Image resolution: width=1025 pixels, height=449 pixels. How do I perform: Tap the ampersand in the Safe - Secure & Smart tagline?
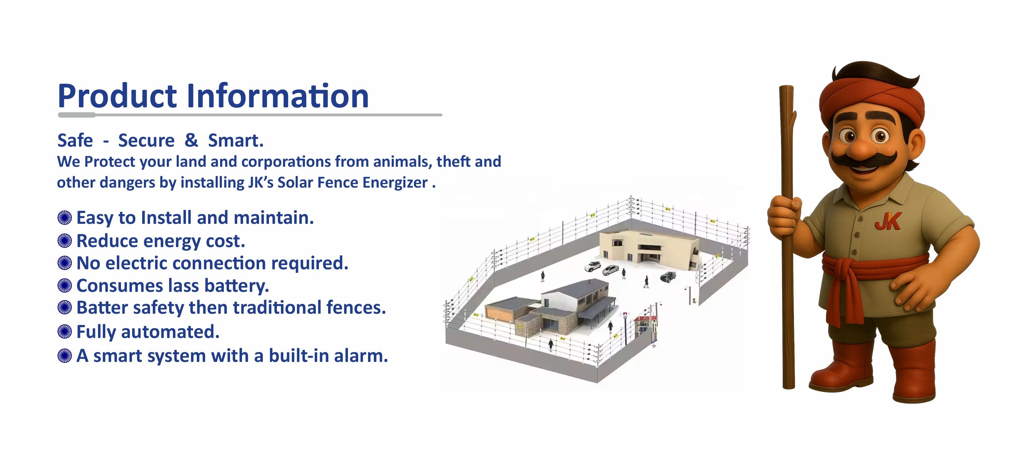(x=191, y=140)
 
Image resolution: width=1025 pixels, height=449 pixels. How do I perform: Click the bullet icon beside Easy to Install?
(x=65, y=218)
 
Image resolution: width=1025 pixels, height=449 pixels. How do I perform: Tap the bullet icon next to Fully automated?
(x=65, y=332)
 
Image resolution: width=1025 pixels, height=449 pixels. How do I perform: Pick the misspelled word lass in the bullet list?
(x=184, y=286)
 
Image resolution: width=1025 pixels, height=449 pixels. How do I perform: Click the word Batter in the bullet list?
(x=102, y=308)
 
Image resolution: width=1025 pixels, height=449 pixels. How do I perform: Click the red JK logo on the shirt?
(x=888, y=221)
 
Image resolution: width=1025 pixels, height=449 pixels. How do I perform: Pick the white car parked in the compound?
(x=593, y=266)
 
